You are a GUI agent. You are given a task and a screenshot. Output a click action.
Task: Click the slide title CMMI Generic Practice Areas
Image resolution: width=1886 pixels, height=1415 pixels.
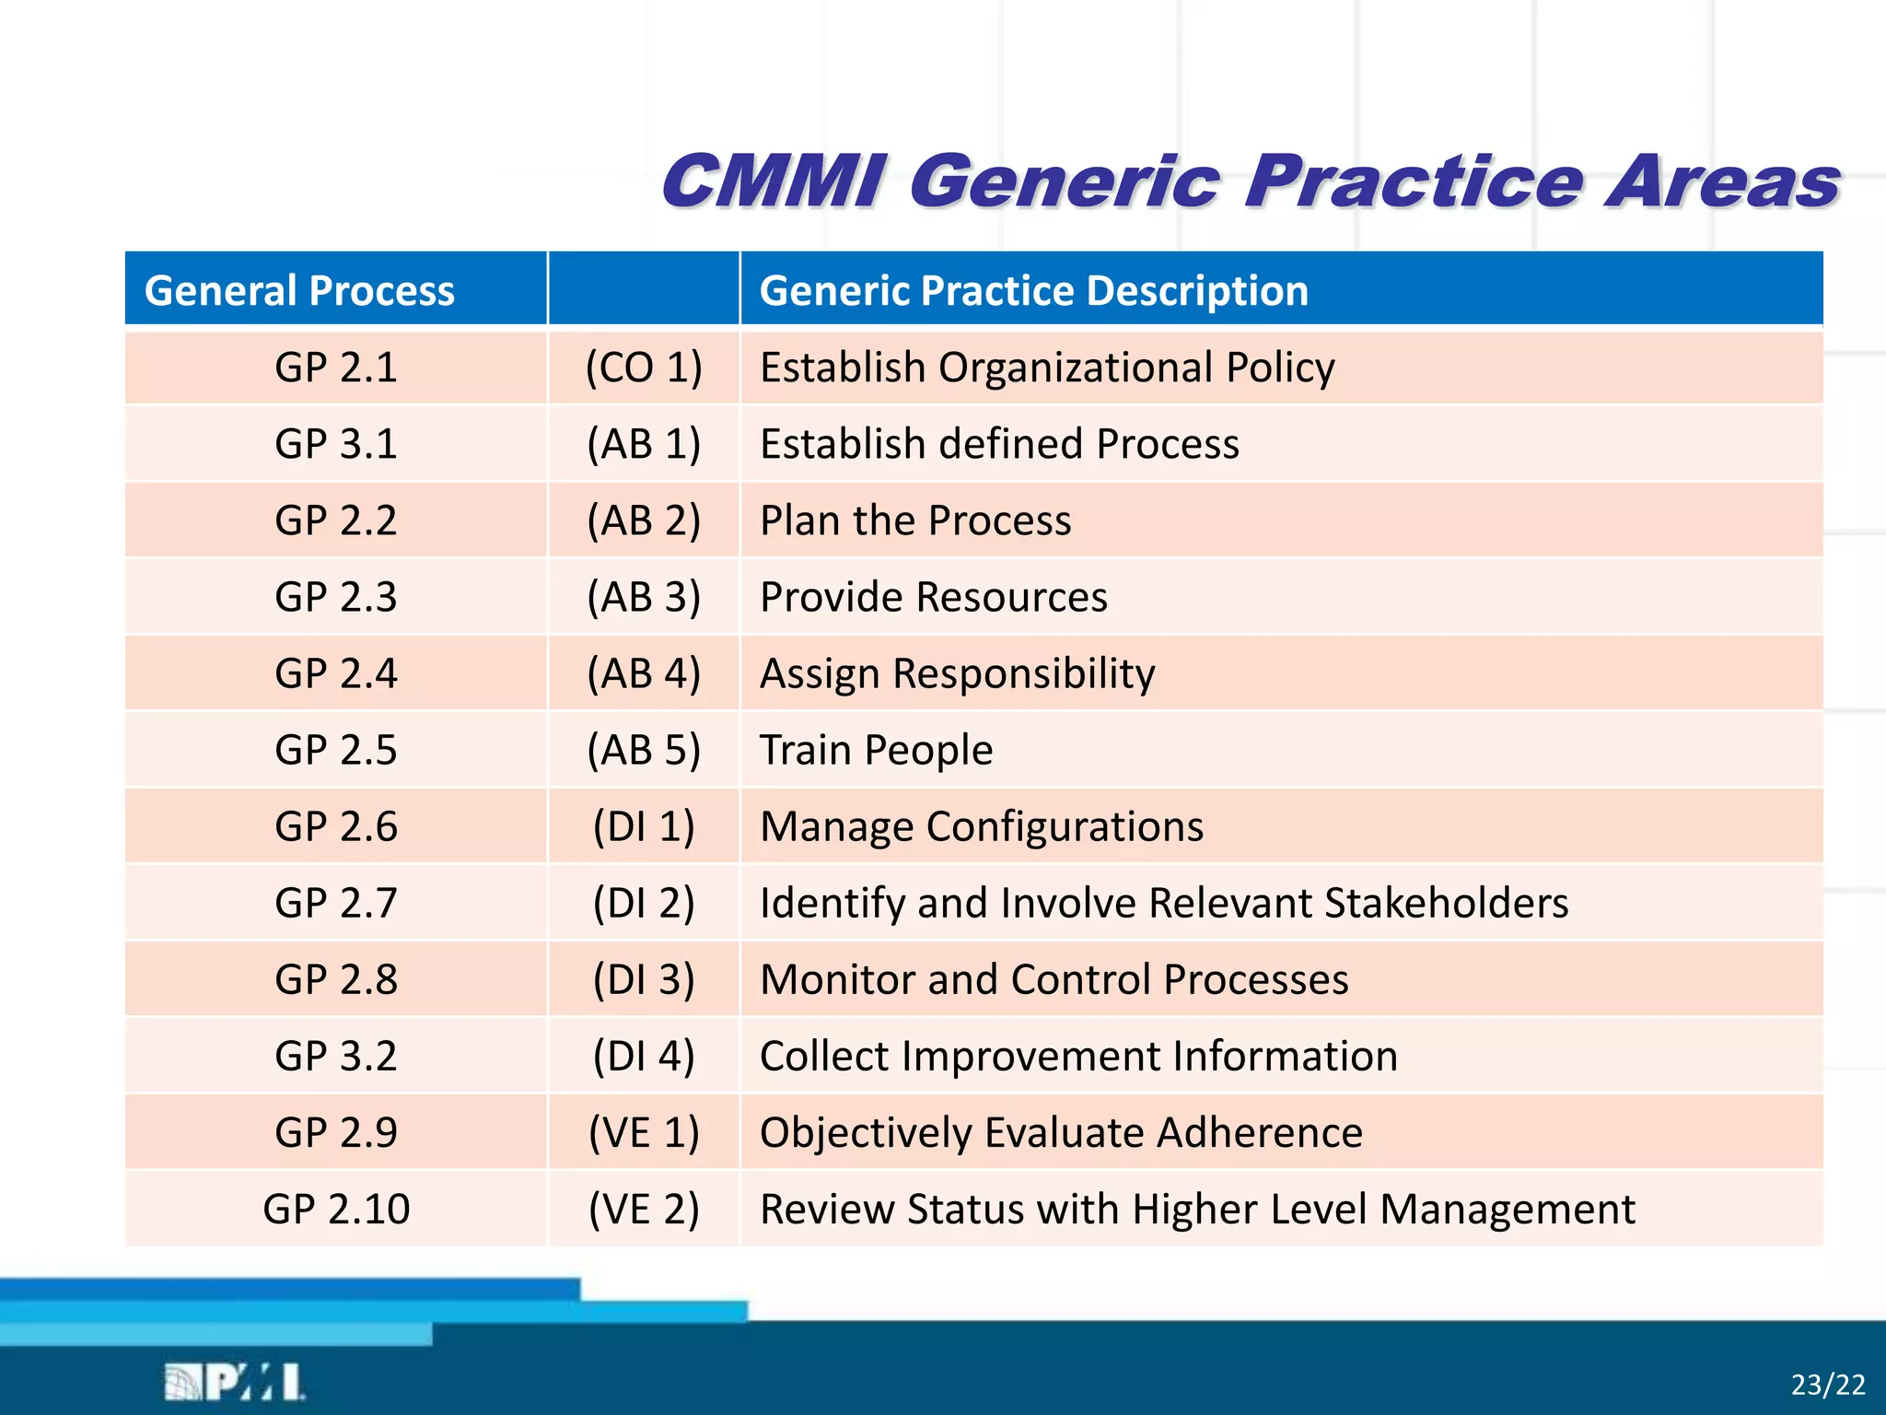pyautogui.click(x=1250, y=181)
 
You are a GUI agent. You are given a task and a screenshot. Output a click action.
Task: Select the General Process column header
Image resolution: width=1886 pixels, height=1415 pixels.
pyautogui.click(x=299, y=291)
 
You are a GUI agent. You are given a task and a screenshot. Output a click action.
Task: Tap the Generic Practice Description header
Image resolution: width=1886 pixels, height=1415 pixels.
pyautogui.click(x=1033, y=291)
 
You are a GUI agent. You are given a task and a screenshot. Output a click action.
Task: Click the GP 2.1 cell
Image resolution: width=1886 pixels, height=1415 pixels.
pyautogui.click(x=335, y=368)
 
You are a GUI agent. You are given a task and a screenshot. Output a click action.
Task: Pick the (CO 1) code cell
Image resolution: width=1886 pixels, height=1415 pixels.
pyautogui.click(x=644, y=368)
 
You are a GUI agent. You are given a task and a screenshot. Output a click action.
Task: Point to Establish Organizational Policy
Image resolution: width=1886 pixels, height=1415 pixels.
pyautogui.click(x=1047, y=368)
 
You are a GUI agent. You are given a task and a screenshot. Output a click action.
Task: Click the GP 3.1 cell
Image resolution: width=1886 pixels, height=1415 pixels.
pyautogui.click(x=335, y=444)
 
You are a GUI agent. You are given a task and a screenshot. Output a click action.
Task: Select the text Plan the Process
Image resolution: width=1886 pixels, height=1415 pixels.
pyautogui.click(x=915, y=520)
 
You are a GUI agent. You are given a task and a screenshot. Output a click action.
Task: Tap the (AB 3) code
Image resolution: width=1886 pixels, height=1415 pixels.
pyautogui.click(x=644, y=597)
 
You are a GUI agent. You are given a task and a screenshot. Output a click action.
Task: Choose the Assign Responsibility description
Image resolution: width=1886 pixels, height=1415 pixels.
pyautogui.click(x=957, y=673)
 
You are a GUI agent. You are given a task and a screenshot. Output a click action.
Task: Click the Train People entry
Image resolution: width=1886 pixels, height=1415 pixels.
pyautogui.click(x=876, y=750)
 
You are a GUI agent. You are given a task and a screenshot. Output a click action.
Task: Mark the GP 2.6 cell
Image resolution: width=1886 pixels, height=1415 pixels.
pyautogui.click(x=335, y=826)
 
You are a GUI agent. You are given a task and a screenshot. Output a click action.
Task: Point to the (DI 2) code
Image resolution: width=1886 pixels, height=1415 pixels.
pyautogui.click(x=644, y=903)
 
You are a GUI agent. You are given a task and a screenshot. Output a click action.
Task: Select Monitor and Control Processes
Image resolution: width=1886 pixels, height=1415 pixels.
pyautogui.click(x=1054, y=979)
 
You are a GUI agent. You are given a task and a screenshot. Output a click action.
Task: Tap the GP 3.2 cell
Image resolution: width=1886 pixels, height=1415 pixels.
pyautogui.click(x=335, y=1056)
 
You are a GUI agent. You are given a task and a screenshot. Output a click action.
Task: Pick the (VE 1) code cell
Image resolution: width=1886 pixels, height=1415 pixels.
pyautogui.click(x=644, y=1132)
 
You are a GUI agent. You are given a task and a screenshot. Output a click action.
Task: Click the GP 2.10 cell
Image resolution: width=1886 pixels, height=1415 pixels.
pyautogui.click(x=335, y=1209)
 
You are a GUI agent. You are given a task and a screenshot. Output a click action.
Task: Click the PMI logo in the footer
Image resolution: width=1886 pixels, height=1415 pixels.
pyautogui.click(x=235, y=1382)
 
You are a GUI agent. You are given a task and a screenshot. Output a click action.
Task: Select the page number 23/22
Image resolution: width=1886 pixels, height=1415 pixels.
pyautogui.click(x=1827, y=1385)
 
